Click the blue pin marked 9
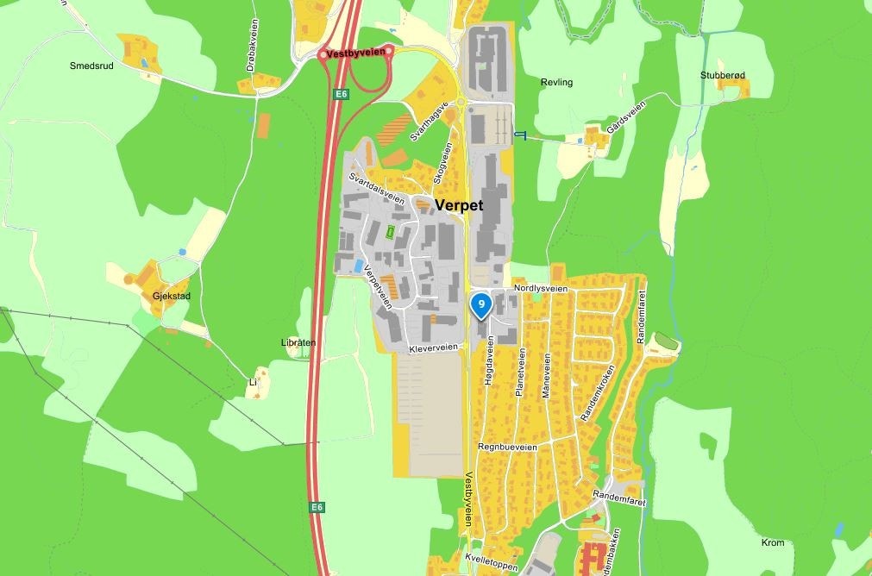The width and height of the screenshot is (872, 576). click(x=480, y=304)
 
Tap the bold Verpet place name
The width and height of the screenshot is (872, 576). click(x=459, y=206)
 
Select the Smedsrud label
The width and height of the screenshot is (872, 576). click(x=92, y=65)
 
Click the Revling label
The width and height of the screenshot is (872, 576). click(x=556, y=83)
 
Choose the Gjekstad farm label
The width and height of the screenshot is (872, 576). click(x=171, y=296)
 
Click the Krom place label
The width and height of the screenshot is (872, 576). click(x=774, y=542)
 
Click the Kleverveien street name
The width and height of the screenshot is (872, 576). click(x=433, y=347)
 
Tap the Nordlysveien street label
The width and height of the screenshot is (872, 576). click(x=541, y=289)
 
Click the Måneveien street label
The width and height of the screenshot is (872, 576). click(x=545, y=377)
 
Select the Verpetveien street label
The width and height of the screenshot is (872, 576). click(x=380, y=286)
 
